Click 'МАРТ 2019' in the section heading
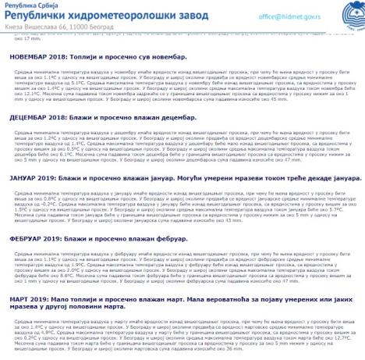(x=28, y=298)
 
